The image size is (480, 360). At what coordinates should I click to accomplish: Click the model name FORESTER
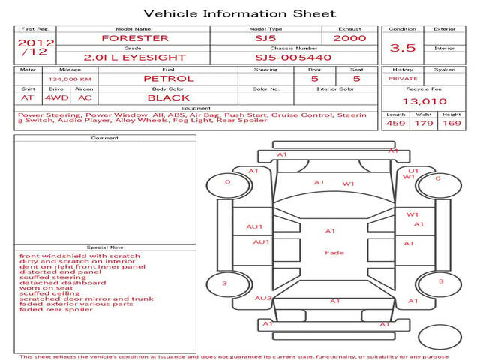tap(135, 38)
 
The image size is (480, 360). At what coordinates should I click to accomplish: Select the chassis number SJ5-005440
tap(293, 58)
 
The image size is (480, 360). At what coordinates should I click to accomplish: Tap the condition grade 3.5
tap(403, 48)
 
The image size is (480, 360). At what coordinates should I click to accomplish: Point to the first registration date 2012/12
tap(36, 47)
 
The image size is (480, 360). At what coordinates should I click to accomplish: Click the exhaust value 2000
tap(349, 38)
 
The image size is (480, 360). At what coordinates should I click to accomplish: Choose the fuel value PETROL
tap(169, 79)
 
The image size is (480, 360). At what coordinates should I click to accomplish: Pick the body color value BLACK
tap(169, 98)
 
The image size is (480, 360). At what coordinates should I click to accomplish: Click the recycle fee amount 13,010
tap(424, 101)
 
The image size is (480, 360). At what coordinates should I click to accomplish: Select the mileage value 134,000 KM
tap(70, 79)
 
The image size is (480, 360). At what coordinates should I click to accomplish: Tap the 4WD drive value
tap(57, 98)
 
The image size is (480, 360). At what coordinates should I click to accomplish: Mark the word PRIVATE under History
tap(403, 79)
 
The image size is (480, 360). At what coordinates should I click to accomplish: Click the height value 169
tap(451, 123)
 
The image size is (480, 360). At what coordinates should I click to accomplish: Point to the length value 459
tap(395, 123)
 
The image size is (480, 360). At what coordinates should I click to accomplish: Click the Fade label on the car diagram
tap(334, 253)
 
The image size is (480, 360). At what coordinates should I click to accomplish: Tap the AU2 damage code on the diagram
tap(263, 298)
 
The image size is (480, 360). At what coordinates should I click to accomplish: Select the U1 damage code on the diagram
tap(413, 171)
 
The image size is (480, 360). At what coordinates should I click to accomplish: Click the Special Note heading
tap(105, 247)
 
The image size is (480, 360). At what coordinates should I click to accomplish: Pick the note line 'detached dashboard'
tap(63, 283)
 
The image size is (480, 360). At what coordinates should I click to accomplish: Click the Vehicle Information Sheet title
tap(240, 13)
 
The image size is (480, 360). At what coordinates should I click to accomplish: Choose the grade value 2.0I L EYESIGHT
tap(135, 58)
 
